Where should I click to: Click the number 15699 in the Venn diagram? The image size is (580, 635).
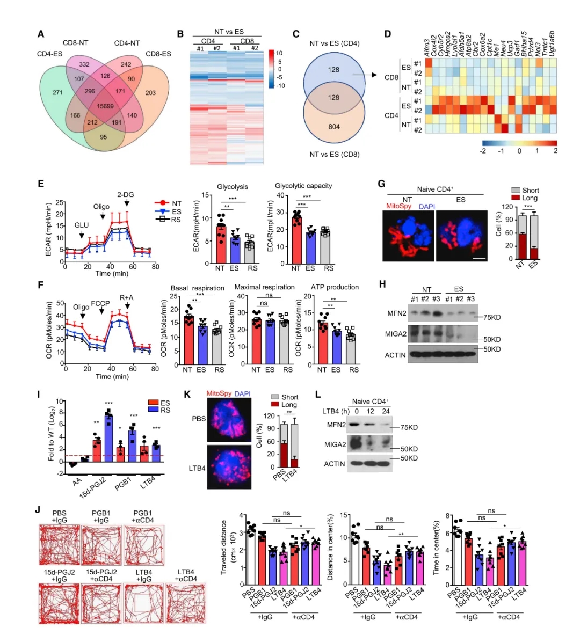[105, 106]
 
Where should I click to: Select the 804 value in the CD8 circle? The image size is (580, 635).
[334, 127]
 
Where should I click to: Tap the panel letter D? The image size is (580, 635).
[388, 34]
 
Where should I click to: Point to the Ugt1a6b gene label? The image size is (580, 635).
[552, 43]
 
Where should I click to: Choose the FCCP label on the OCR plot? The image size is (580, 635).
[100, 303]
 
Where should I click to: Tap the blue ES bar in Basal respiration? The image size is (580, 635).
[201, 344]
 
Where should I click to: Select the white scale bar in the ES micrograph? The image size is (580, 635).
[480, 259]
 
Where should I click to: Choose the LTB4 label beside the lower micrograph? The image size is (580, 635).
[197, 468]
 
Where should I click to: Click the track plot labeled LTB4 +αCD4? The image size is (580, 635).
[186, 603]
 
